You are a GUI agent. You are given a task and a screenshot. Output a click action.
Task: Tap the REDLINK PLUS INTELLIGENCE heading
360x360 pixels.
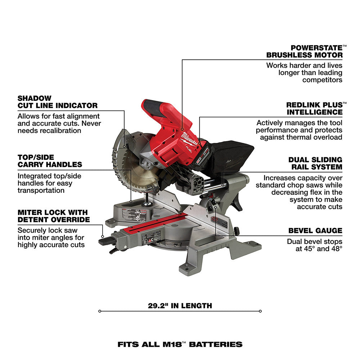pos(314,108)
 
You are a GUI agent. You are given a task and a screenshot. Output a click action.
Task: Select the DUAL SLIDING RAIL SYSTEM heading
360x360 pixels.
pos(315,163)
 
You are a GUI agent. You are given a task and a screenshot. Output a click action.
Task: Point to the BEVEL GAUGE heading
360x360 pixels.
pos(315,231)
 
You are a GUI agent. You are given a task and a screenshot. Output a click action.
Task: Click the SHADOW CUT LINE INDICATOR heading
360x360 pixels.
pos(57,102)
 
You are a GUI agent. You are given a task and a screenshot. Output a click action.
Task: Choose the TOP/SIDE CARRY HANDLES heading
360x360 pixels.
pos(50,161)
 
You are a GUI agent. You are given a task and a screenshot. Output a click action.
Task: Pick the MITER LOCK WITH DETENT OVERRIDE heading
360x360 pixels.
pos(53,216)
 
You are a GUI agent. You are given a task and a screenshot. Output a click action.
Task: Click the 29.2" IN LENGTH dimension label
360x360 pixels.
pos(180,306)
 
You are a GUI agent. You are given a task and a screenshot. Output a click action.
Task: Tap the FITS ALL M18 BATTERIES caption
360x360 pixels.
pos(180,344)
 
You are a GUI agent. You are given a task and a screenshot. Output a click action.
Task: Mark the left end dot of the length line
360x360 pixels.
pos(99,311)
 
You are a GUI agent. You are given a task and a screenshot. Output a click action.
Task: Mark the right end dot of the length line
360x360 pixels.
pos(260,311)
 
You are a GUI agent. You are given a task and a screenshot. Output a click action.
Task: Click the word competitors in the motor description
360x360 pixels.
pos(322,80)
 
